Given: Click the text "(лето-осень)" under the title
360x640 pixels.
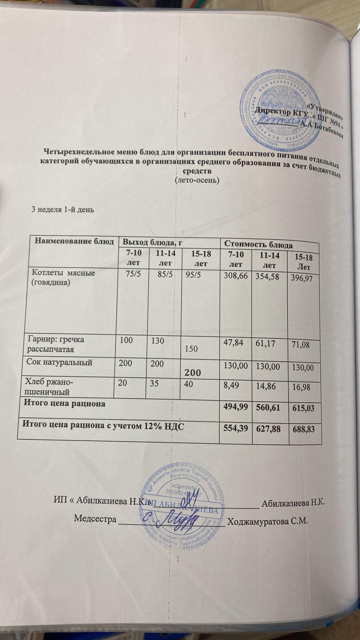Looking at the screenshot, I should pos(197,180).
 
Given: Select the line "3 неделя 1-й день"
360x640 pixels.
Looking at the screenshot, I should pos(63,209).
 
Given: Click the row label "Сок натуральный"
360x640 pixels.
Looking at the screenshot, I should pos(60,363).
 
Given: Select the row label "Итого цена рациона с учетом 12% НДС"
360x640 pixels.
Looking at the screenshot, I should pos(103,426).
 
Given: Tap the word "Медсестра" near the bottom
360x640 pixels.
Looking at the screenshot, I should pos(95,519).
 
